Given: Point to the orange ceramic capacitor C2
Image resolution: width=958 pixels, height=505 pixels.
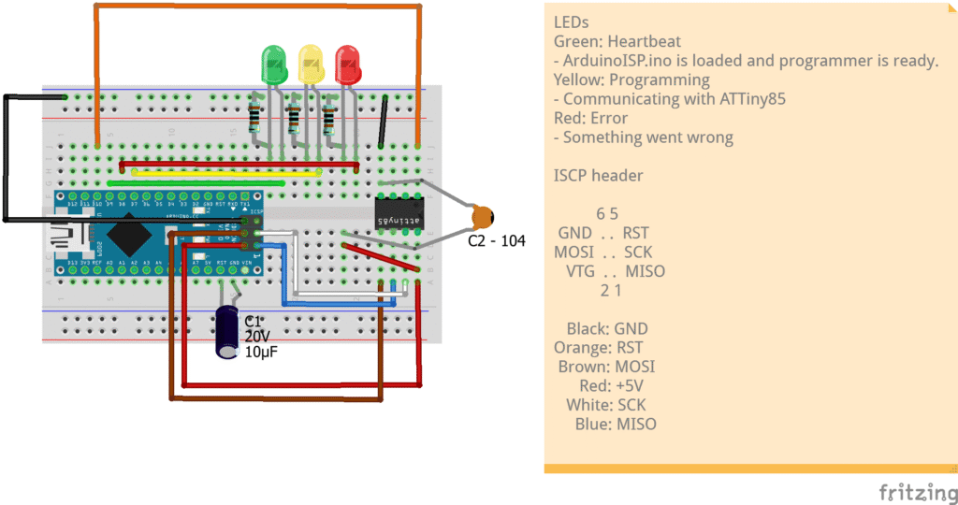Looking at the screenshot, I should pos(483,217).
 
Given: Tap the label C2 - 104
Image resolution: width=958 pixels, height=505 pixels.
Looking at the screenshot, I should pos(497,241).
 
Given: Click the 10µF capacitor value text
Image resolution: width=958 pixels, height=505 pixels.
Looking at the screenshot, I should pos(261,353).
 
